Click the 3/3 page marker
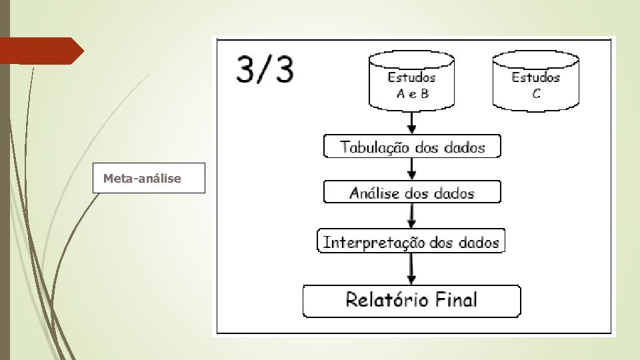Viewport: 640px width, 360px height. [x=265, y=70]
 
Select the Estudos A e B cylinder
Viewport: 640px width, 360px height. [x=412, y=81]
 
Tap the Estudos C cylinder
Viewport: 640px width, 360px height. [x=536, y=81]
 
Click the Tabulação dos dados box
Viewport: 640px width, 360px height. [x=412, y=147]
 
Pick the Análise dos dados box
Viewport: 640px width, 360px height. [x=412, y=193]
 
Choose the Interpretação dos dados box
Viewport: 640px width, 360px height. [x=411, y=241]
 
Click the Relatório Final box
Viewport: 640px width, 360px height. [x=411, y=300]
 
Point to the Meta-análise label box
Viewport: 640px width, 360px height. [x=148, y=178]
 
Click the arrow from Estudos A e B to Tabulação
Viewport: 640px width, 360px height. [x=412, y=122]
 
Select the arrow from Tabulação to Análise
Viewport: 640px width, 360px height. [x=412, y=169]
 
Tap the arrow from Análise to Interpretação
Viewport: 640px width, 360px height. [x=412, y=216]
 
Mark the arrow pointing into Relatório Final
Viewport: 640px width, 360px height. [x=412, y=269]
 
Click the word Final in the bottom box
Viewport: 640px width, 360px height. [x=457, y=299]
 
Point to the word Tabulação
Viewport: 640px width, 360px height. [x=374, y=147]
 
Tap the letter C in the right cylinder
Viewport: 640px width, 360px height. [x=536, y=93]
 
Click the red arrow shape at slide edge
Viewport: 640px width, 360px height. [x=40, y=51]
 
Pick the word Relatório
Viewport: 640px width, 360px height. [x=387, y=299]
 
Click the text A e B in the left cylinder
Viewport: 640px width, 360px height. [x=413, y=93]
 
